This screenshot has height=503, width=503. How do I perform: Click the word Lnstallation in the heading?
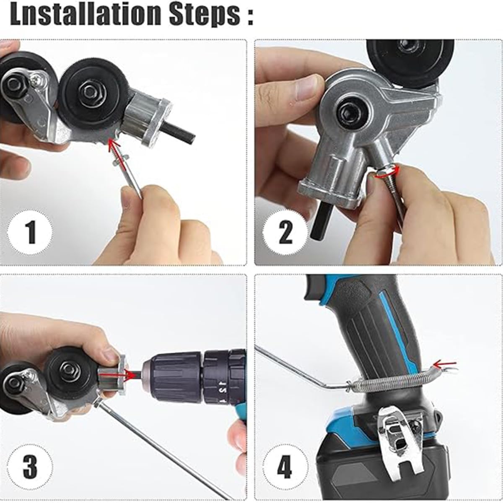coord(86,16)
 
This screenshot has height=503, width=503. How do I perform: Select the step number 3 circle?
coord(31,465)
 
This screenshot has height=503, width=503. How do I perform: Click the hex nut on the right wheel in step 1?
coord(90,90)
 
